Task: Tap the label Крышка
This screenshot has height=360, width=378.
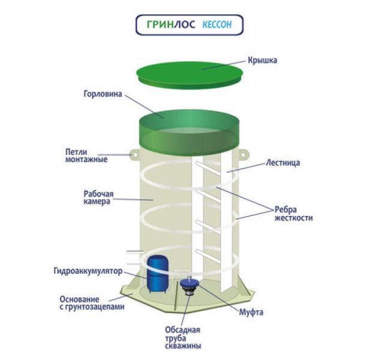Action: click(x=261, y=61)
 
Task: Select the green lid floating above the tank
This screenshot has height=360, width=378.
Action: click(x=189, y=72)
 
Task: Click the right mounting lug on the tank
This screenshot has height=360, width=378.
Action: click(x=243, y=155)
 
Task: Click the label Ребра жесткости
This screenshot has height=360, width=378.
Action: click(x=293, y=214)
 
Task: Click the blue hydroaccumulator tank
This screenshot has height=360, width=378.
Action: click(x=157, y=274)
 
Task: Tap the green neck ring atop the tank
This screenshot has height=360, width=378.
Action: click(x=189, y=129)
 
